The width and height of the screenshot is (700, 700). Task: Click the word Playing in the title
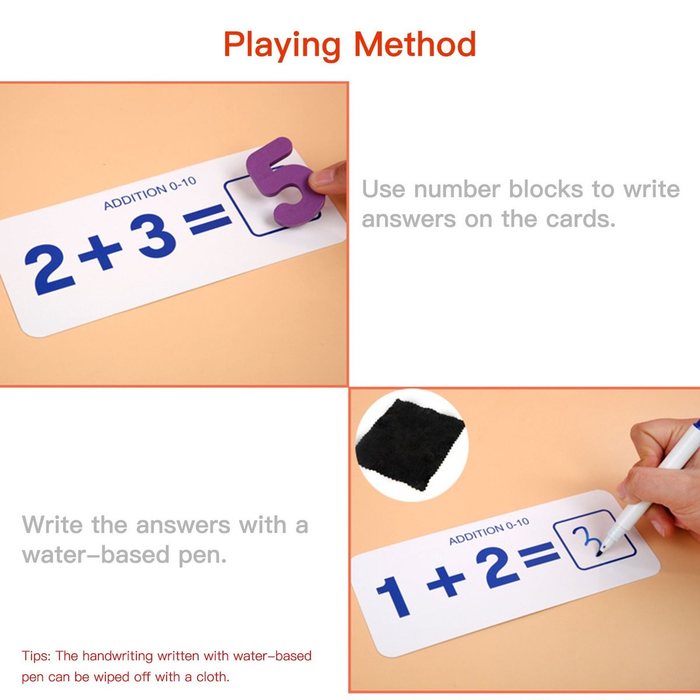coord(282,45)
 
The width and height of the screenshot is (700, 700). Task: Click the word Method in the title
coord(415,44)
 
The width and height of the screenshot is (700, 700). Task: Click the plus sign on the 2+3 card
coord(100,253)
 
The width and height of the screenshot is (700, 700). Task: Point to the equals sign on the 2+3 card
coord(207,219)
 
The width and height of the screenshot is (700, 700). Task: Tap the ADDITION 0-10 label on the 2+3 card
coord(150,193)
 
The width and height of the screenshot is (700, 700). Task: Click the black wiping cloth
coord(411,444)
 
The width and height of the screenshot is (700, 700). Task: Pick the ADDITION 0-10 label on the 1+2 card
coord(489,531)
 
